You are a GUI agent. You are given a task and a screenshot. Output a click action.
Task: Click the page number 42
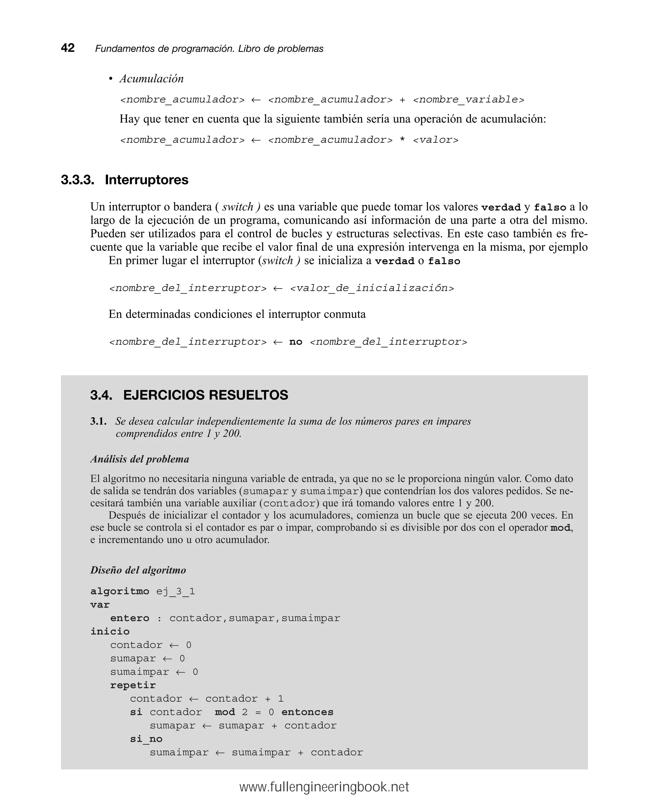[68, 48]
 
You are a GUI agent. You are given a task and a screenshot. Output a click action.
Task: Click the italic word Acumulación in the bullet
[151, 79]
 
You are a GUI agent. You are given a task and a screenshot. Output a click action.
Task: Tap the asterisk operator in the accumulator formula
[402, 140]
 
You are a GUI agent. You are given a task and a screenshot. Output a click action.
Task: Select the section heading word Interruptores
[146, 180]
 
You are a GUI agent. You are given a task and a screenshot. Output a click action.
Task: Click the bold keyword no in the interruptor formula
[296, 342]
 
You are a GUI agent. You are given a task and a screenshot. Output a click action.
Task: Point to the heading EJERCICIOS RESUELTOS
[206, 395]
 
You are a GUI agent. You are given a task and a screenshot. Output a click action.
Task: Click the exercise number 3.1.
[98, 421]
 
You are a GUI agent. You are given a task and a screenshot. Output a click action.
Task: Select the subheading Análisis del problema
[140, 459]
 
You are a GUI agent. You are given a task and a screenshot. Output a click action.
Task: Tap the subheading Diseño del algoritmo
[138, 570]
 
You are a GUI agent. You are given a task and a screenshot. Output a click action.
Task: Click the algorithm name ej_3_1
[176, 591]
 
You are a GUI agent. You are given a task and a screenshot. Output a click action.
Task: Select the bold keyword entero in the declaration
[130, 618]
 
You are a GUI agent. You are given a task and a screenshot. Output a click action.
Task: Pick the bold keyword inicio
[110, 632]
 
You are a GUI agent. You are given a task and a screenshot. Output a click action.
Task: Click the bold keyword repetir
[133, 685]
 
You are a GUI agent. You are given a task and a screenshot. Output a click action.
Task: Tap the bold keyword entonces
[307, 712]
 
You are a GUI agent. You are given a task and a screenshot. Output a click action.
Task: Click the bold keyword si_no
[146, 739]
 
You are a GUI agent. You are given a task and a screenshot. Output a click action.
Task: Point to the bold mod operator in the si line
[225, 712]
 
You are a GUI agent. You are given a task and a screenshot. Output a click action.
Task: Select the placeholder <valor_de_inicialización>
[372, 289]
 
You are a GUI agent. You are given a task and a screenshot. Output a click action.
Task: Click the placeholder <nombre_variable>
[468, 100]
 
